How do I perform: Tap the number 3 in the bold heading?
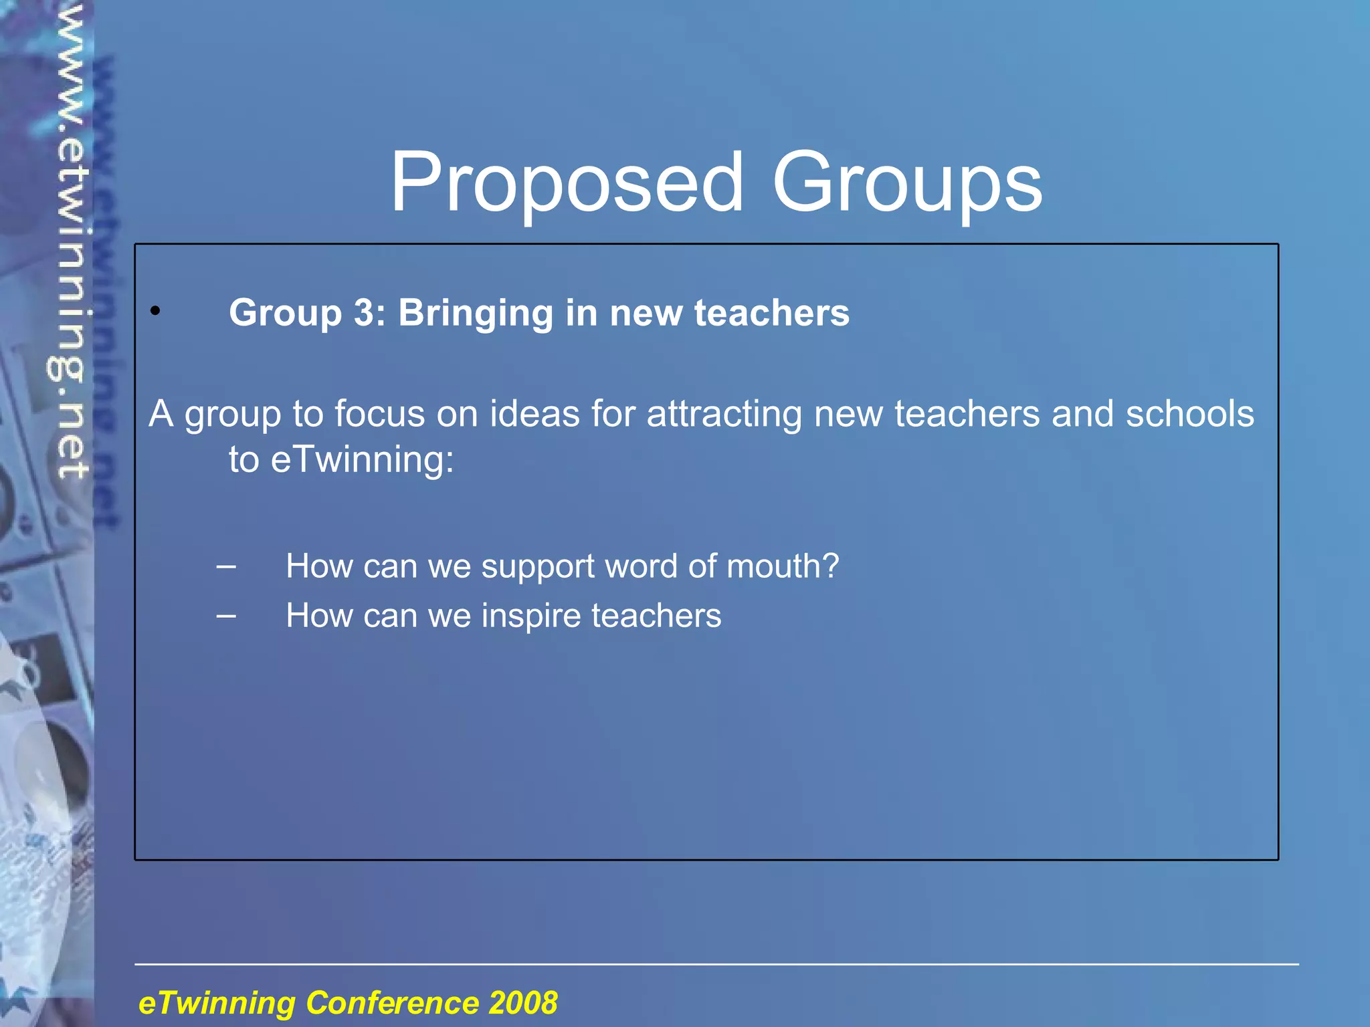[x=365, y=313]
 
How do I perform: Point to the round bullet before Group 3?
[x=155, y=311]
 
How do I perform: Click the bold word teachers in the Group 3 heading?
[x=771, y=313]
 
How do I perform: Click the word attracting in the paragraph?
[x=724, y=415]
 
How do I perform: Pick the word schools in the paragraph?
[x=1189, y=413]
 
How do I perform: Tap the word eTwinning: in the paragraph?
[x=362, y=460]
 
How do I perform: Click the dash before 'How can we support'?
[x=226, y=566]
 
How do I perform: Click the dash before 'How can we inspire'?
[x=226, y=615]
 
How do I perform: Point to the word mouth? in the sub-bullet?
[x=783, y=567]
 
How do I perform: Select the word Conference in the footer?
[x=392, y=1003]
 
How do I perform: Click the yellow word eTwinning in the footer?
[x=217, y=1003]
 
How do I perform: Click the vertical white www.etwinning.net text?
[x=72, y=241]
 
